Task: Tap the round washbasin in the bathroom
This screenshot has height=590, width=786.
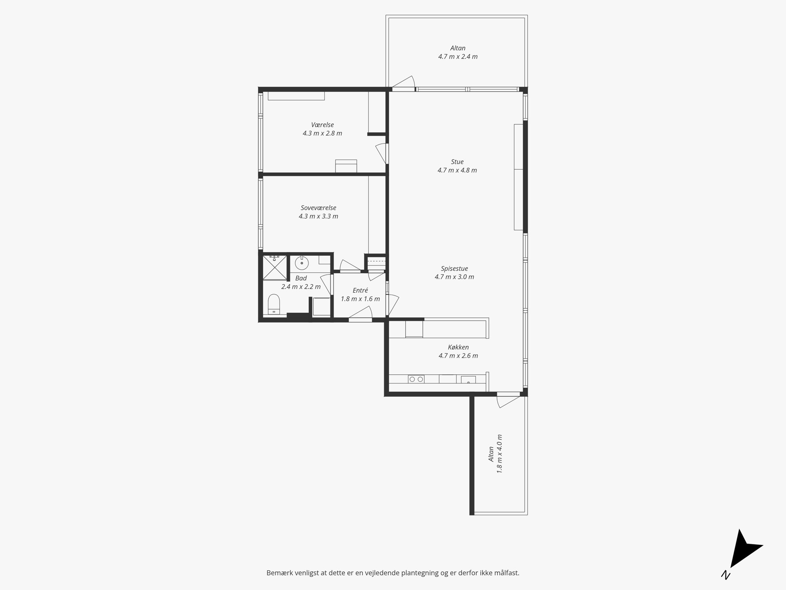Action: [302, 262]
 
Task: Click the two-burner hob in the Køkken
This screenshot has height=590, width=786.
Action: [416, 379]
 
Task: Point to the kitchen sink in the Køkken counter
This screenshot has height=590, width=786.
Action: [468, 379]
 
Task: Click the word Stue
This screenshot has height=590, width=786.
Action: [457, 162]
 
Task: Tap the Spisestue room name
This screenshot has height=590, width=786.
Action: [454, 268]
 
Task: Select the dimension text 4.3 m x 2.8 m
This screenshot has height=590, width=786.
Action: [322, 133]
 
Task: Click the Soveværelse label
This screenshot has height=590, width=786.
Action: [319, 208]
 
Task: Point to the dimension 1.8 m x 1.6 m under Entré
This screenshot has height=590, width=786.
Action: [361, 299]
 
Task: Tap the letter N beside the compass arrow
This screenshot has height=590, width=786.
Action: [726, 575]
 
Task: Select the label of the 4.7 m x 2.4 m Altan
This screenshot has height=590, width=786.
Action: [458, 48]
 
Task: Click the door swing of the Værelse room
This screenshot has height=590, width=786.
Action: [381, 153]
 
